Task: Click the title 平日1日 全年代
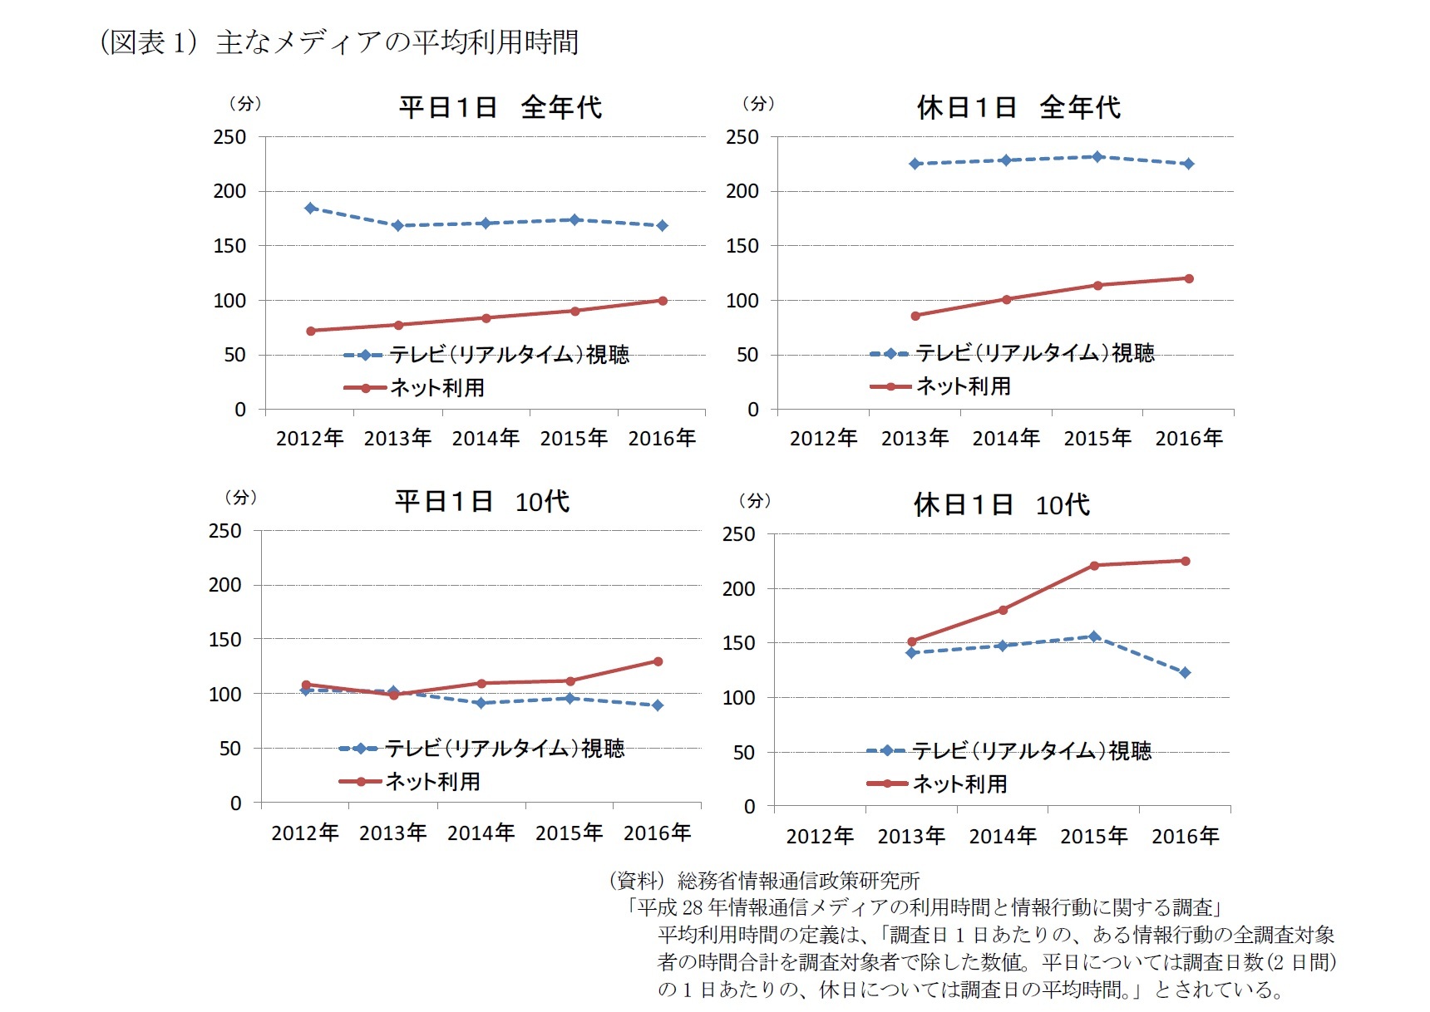pos(500,107)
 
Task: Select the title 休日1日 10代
pos(1001,504)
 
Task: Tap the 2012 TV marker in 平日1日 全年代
pos(310,208)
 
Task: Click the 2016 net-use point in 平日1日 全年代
pos(663,301)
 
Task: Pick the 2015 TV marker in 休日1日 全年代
pos(1097,156)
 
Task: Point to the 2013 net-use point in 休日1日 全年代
pos(915,316)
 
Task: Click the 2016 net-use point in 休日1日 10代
pos(1186,561)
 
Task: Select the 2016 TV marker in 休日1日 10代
pos(1186,672)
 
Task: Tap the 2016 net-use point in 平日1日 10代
pos(658,661)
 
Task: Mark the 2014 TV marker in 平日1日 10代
pos(481,703)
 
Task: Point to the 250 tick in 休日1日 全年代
pos(742,137)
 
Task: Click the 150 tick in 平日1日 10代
pos(224,640)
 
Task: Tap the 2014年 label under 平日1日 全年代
pos(486,438)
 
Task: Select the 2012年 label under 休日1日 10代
pos(820,836)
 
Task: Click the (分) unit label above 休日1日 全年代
pos(757,104)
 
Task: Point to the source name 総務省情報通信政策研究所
pos(798,881)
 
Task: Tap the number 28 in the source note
pos(693,907)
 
